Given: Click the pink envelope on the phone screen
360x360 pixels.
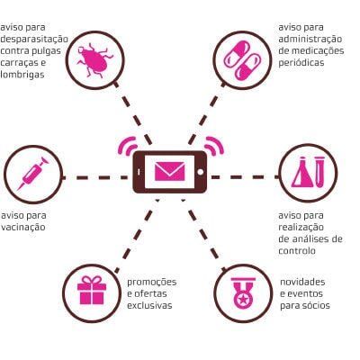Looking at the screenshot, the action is click(x=170, y=171).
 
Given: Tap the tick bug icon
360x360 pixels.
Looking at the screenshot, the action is click(x=94, y=60).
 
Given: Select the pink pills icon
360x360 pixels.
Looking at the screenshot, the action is click(x=243, y=60).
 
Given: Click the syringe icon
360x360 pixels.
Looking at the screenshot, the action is click(x=33, y=174).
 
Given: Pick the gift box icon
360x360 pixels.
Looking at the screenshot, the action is click(x=92, y=290).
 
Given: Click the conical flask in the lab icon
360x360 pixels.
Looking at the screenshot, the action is click(x=303, y=174).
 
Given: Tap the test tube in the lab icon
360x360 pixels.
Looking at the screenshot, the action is click(x=319, y=173).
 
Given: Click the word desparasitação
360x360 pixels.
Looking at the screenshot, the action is click(x=34, y=40).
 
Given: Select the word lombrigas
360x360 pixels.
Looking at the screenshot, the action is click(x=22, y=75).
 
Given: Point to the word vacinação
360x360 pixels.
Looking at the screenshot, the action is click(x=23, y=228).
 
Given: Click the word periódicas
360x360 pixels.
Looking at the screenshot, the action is click(x=301, y=63).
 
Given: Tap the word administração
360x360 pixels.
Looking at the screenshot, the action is click(x=310, y=40).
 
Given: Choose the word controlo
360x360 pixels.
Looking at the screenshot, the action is click(x=297, y=251).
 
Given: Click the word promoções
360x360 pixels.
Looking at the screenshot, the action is click(x=152, y=283).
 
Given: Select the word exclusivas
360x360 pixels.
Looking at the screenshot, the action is click(x=149, y=306).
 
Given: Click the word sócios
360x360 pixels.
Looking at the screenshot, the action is click(x=318, y=306).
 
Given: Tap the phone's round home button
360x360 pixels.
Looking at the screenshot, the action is click(x=201, y=172).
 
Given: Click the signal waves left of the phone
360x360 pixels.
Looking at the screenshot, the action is click(x=127, y=145).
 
